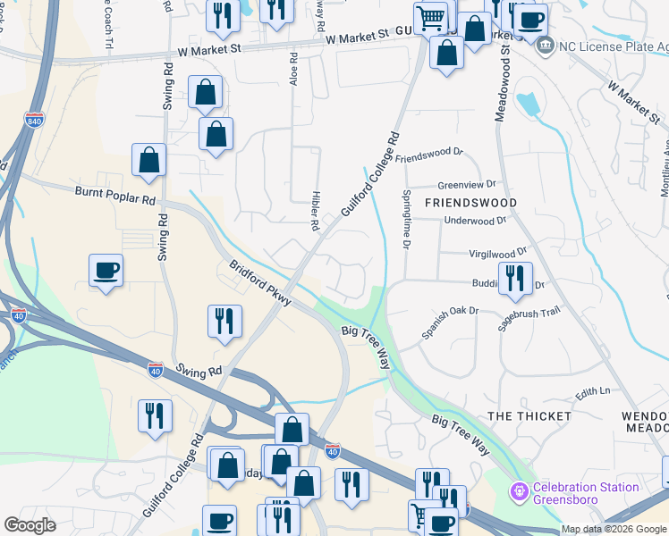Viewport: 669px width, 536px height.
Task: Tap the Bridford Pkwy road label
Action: coord(260,283)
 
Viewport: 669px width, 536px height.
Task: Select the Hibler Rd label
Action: coord(316,211)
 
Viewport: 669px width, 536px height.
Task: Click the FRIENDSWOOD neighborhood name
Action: coord(470,203)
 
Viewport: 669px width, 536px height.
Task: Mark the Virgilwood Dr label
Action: coord(498,254)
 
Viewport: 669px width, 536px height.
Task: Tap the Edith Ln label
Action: coord(592,391)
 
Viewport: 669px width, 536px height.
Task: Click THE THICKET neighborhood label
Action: coord(529,416)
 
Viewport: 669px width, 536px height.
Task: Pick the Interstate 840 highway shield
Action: coord(33,120)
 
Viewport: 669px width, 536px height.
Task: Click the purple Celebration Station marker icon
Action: coord(519,492)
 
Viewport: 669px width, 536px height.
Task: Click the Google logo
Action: coord(30,525)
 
